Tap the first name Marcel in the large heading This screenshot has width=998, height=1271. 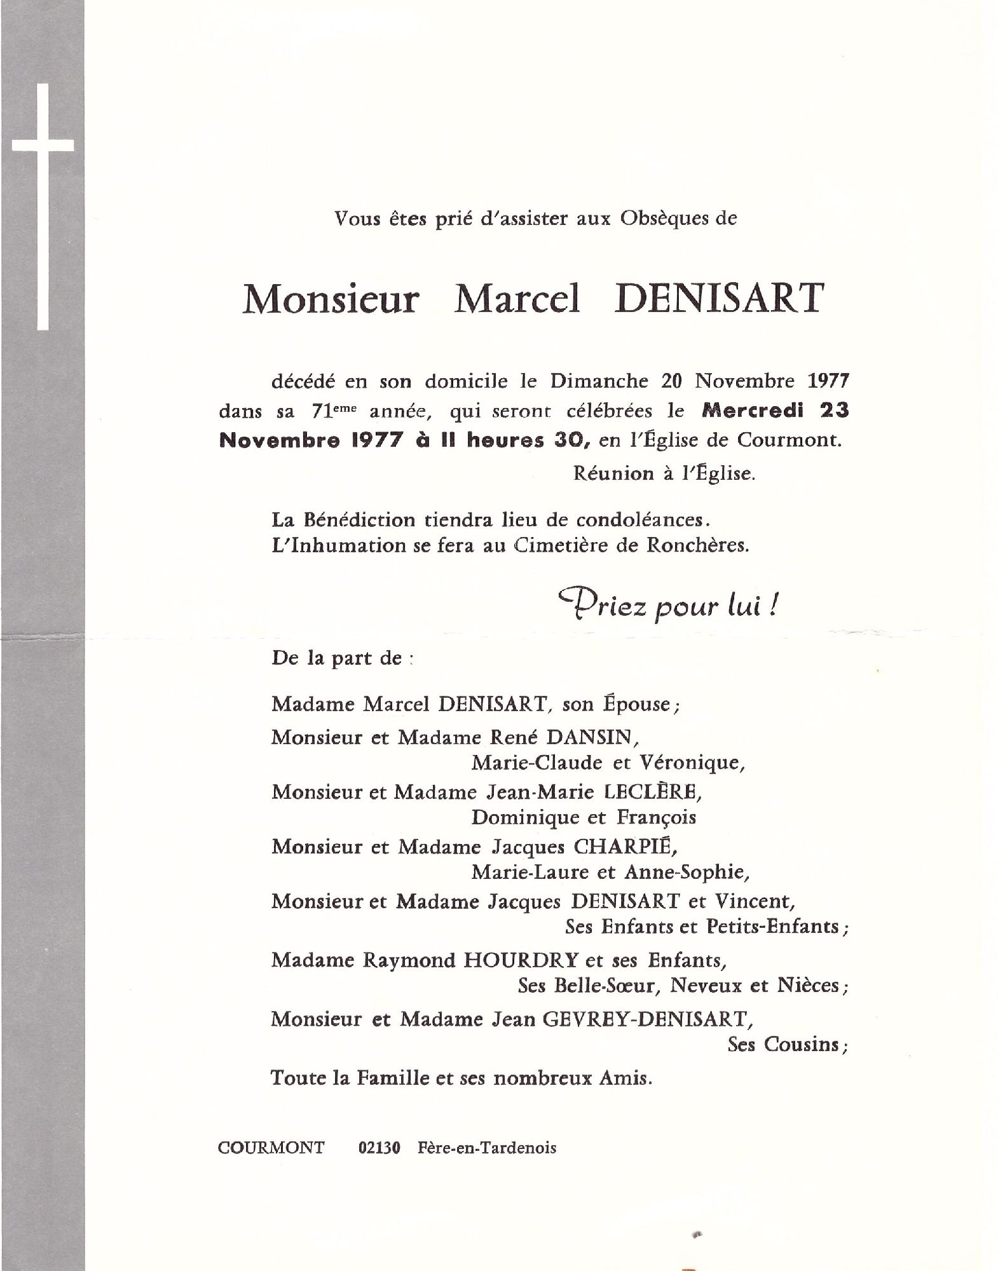coord(516,299)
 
